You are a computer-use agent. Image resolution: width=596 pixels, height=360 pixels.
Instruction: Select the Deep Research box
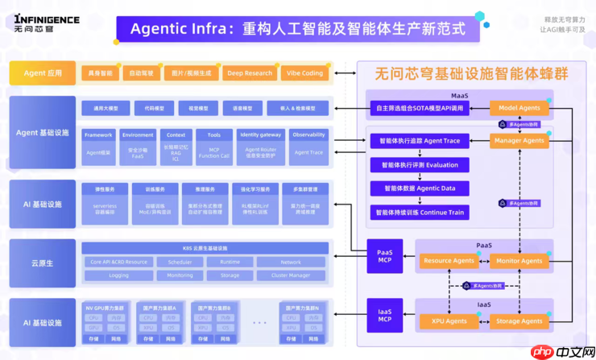pos(250,73)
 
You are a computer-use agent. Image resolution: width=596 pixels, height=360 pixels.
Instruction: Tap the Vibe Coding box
pos(305,73)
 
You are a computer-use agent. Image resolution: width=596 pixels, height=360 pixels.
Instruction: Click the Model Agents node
pos(519,108)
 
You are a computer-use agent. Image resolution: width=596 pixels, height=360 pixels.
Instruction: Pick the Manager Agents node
pos(519,141)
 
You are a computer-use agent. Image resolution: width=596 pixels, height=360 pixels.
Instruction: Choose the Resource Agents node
pos(449,261)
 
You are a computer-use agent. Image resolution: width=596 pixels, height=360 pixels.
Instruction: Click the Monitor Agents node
pos(519,261)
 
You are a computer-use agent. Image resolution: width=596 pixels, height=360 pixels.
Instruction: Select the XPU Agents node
pos(449,321)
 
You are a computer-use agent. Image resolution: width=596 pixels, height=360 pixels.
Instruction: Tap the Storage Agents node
pos(519,321)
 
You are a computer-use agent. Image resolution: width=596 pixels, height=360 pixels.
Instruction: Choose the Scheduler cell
pos(175,263)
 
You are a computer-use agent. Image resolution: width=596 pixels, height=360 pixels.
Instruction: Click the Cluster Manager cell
pos(291,275)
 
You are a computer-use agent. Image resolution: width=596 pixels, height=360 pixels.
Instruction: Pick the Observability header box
pos(309,135)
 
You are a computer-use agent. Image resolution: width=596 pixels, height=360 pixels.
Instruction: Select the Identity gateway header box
pos(260,135)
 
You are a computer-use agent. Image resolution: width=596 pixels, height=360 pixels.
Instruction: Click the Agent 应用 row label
pos(43,73)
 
